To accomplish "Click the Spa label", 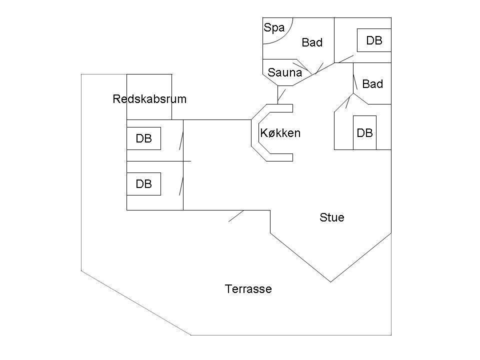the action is (274, 28).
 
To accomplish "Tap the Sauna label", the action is (284, 72).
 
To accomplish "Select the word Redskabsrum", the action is (149, 99).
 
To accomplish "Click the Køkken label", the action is (280, 133).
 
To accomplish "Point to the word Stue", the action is (332, 217).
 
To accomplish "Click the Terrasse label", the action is (248, 289).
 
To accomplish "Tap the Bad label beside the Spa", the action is (312, 42).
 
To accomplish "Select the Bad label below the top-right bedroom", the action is (372, 84).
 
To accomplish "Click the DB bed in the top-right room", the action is (374, 40).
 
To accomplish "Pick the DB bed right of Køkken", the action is (364, 132).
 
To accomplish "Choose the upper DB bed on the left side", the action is (143, 138).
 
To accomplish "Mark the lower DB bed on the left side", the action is (143, 183).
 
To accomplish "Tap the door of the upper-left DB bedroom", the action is (181, 140).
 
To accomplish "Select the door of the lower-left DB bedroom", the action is (181, 186).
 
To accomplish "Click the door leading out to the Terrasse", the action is (236, 216).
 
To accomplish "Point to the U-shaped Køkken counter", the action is (255, 133).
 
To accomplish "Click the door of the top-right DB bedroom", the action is (346, 59).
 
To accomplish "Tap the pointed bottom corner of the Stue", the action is (330, 282).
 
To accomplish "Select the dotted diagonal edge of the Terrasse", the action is (136, 303).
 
